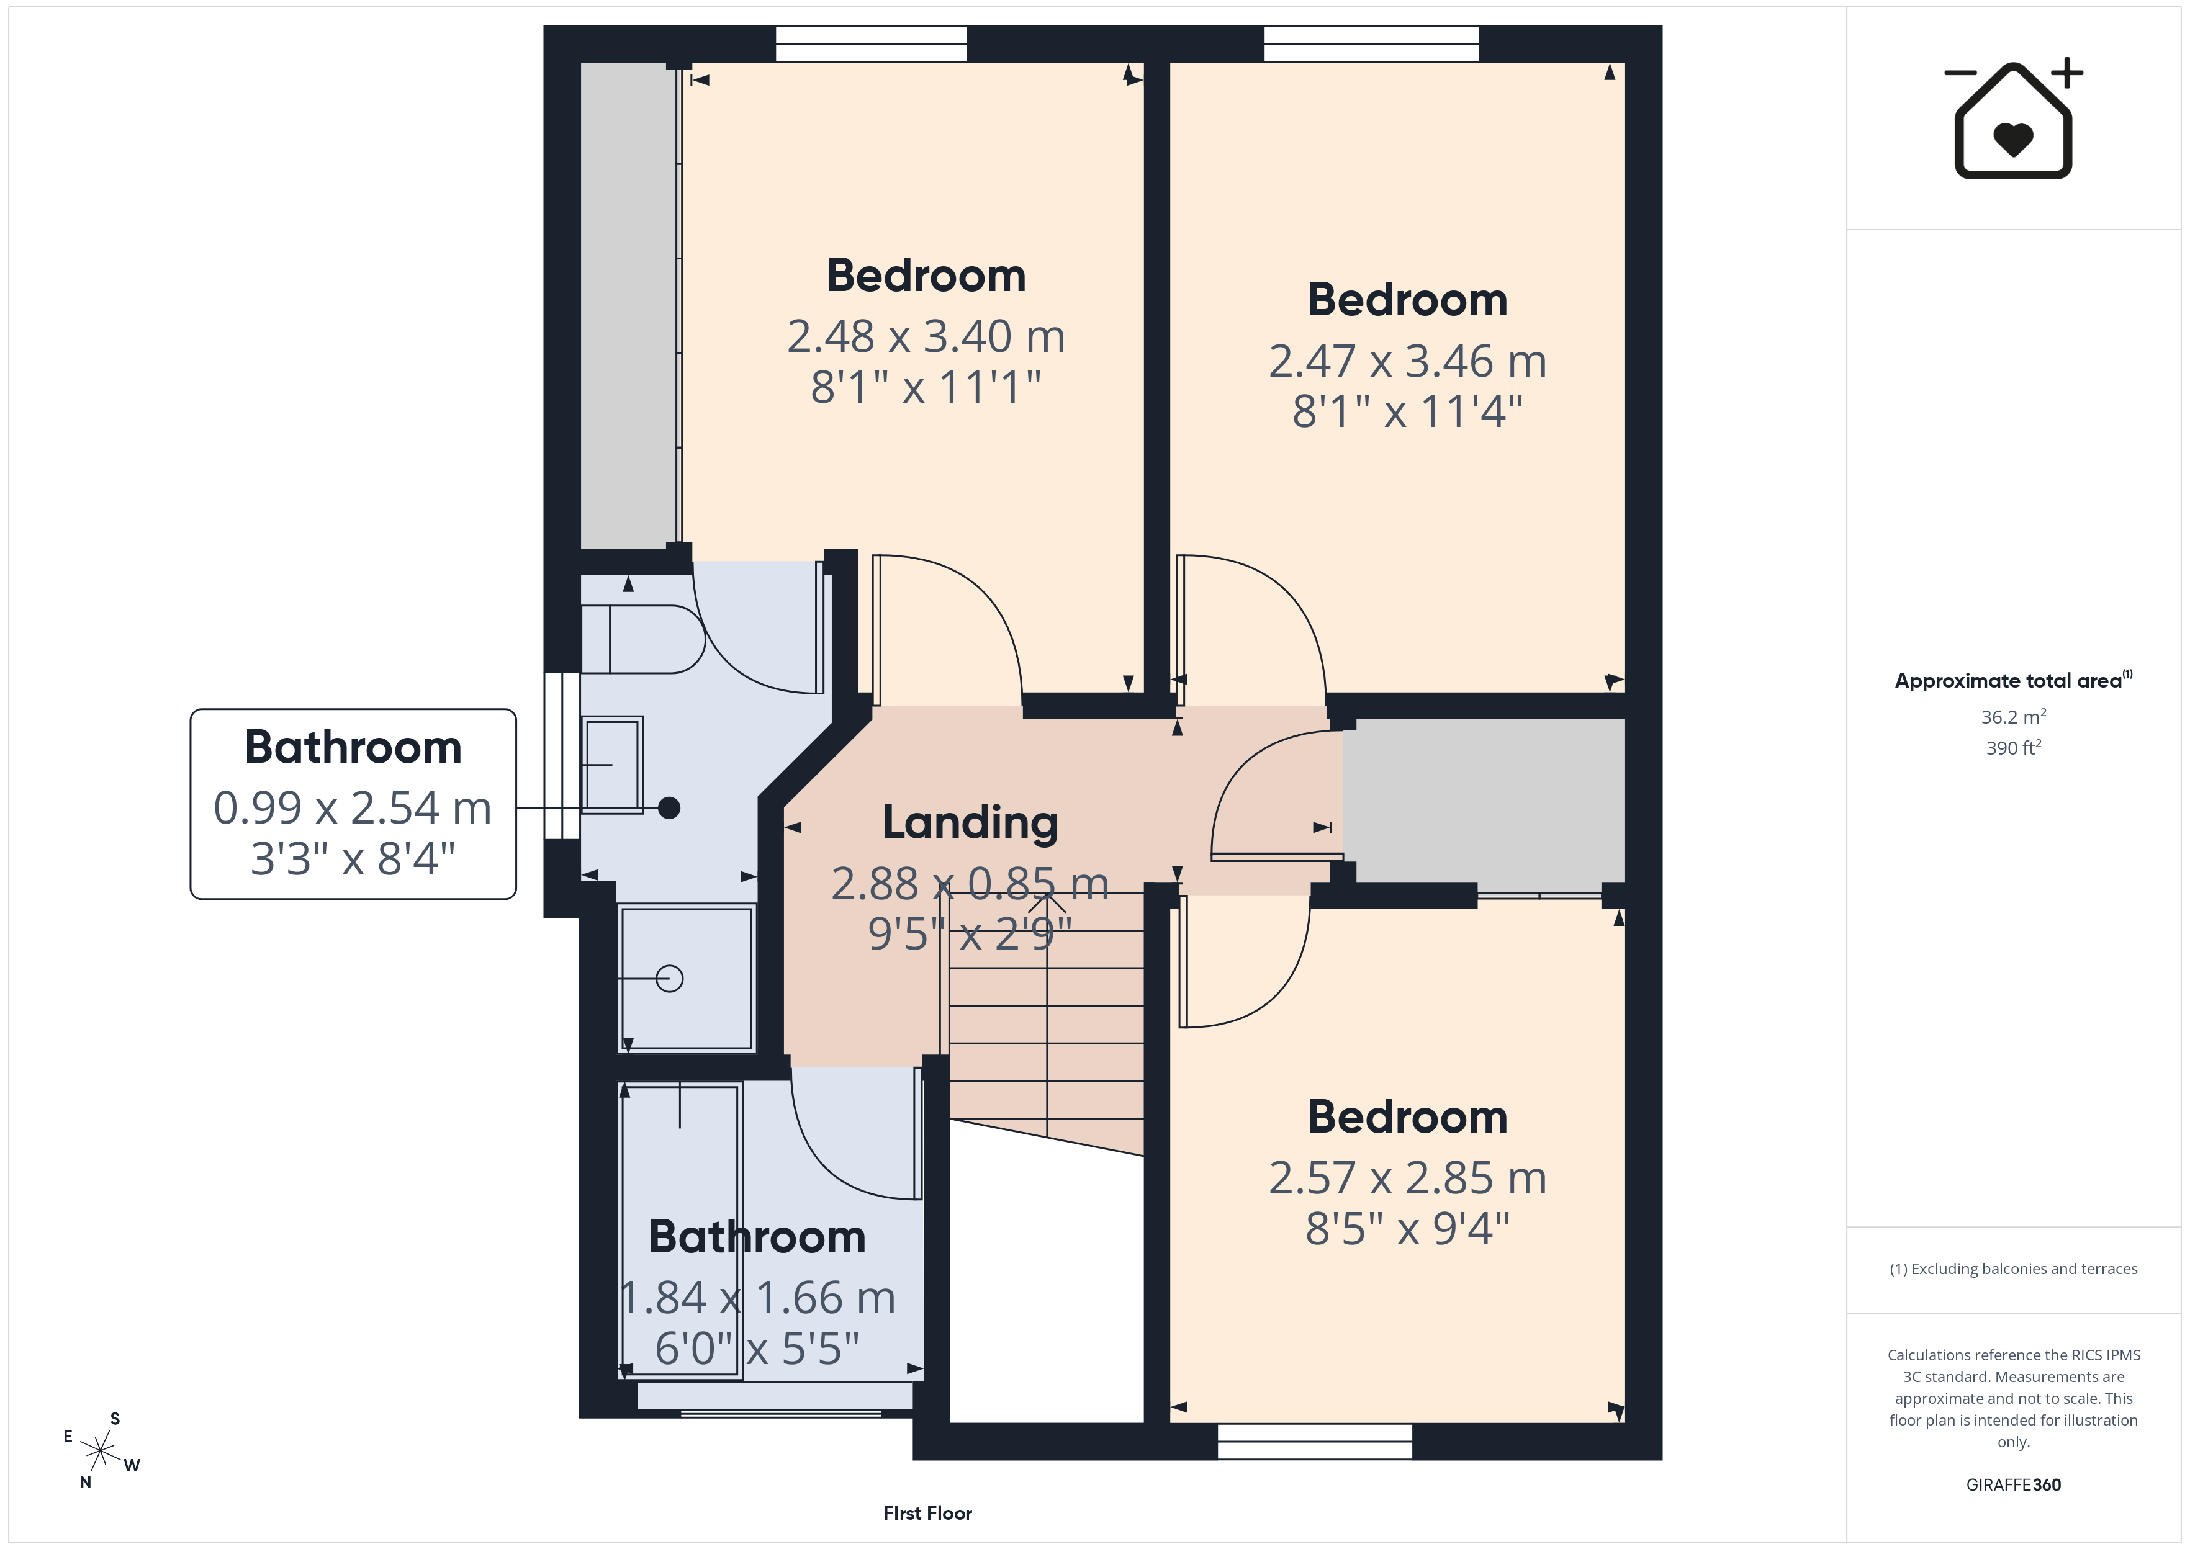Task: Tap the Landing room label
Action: tap(970, 822)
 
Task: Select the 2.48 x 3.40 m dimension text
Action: tap(925, 336)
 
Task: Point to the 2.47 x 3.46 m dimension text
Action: tap(1407, 361)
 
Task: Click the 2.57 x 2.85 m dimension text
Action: tap(1407, 1178)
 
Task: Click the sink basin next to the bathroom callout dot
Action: tap(611, 765)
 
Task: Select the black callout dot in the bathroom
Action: tap(670, 808)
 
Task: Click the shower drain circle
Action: tap(670, 979)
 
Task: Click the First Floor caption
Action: tap(927, 1513)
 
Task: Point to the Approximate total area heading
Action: tap(2012, 680)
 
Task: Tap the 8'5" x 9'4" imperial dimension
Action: tap(1407, 1229)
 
